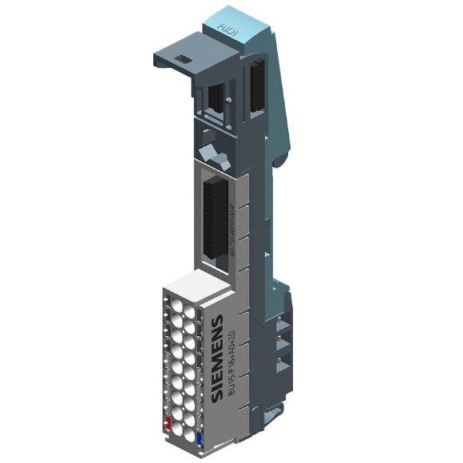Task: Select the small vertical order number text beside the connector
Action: point(231,228)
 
